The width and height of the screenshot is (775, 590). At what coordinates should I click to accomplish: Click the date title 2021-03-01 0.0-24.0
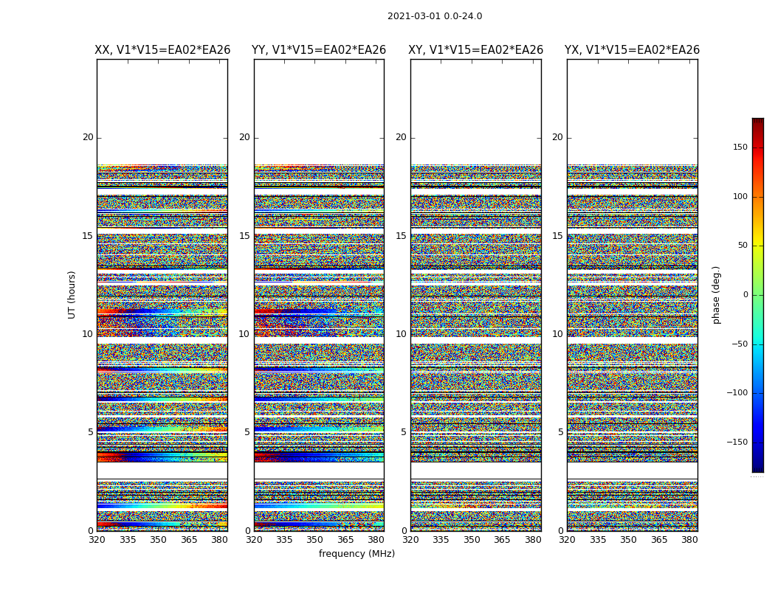435,16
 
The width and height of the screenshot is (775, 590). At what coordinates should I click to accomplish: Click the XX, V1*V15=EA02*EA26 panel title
162,50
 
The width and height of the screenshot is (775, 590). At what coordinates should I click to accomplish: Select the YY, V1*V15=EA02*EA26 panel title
319,50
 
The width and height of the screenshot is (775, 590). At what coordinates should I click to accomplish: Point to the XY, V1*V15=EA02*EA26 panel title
476,50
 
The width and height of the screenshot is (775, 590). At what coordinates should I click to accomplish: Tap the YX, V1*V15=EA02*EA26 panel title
633,50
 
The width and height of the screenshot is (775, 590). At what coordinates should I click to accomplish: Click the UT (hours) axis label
72,294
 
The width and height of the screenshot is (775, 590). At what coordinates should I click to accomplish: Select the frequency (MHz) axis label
356,554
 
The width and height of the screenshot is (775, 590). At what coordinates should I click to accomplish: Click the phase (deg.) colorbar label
716,295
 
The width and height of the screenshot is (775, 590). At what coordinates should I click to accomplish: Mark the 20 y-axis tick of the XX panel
88,137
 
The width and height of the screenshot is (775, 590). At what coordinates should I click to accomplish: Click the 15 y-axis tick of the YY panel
244,236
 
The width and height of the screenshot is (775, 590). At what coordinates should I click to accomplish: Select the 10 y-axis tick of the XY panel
401,334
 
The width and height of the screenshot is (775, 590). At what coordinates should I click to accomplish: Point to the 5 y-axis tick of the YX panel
560,432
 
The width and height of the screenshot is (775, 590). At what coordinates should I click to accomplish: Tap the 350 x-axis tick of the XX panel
158,539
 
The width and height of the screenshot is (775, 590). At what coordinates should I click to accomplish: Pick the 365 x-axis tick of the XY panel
502,539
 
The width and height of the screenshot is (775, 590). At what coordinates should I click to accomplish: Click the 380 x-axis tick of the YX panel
689,539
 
